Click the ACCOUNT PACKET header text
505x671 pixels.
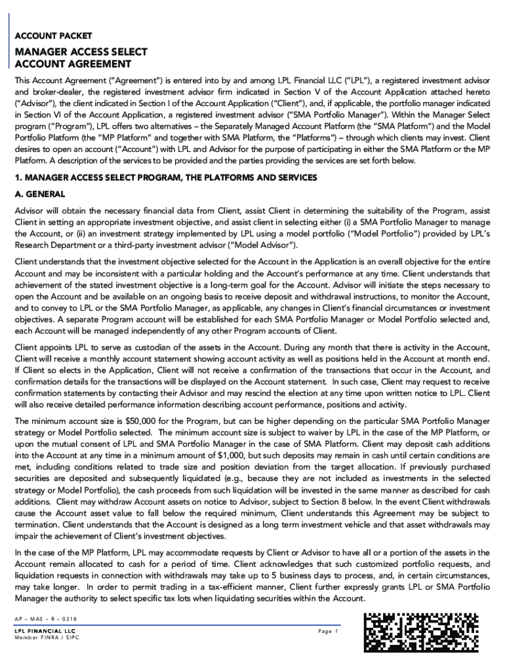(53, 36)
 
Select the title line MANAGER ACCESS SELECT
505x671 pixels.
(81, 52)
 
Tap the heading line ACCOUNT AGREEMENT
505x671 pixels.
(73, 64)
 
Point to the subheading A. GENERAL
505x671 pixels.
(40, 194)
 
